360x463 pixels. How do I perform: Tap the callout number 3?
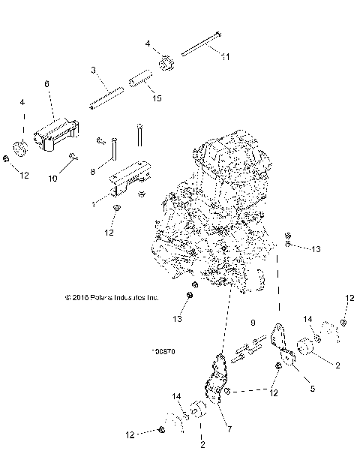(93, 70)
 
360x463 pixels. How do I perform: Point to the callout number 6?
(47, 86)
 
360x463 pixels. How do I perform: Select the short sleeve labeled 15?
(142, 78)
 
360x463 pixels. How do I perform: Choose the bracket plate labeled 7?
(217, 380)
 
